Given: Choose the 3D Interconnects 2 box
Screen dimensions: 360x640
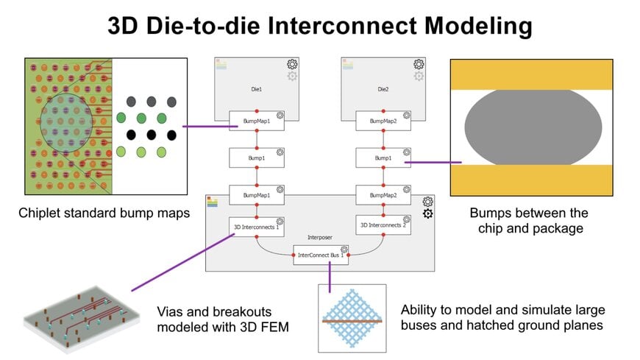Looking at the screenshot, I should (383, 225).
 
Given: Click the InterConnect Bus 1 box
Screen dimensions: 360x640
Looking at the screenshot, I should (321, 255).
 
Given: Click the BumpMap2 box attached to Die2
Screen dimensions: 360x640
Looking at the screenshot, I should (383, 120).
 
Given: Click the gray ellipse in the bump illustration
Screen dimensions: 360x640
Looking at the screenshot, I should (530, 127).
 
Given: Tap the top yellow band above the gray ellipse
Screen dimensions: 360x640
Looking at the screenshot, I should (530, 74).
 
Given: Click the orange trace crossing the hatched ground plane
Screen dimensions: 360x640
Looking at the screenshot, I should (352, 321).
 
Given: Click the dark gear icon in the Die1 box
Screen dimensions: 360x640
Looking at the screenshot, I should (292, 64).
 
